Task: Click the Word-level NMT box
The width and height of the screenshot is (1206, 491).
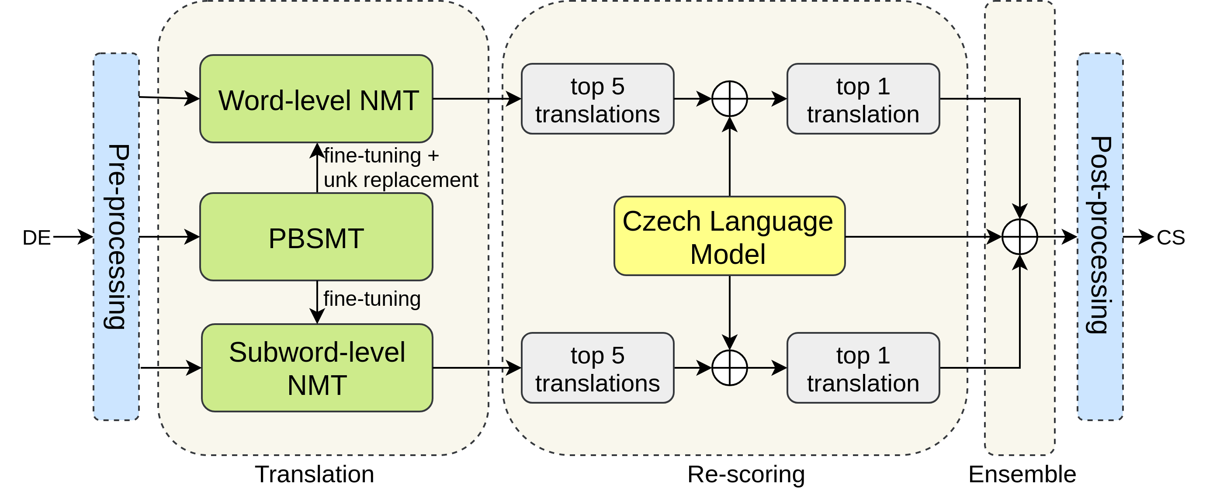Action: [316, 99]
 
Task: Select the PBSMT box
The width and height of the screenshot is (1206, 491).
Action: [316, 237]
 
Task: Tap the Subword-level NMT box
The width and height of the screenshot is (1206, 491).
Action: [317, 368]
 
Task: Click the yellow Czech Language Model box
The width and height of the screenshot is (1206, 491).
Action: [729, 236]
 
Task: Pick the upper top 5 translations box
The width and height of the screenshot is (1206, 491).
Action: [597, 99]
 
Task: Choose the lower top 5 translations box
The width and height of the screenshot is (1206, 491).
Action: [597, 368]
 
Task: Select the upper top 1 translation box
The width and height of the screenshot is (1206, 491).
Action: [863, 99]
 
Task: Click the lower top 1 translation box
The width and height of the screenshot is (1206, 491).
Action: [863, 368]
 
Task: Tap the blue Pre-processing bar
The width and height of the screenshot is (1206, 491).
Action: [116, 237]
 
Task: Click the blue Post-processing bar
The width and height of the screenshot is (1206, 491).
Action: [1100, 237]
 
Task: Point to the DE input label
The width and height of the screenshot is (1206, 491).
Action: [37, 238]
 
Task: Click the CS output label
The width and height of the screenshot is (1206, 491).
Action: [1171, 238]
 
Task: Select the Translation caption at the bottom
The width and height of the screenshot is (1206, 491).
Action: [315, 474]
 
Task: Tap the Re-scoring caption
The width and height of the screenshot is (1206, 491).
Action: [746, 474]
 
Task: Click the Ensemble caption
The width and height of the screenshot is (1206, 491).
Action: [1022, 474]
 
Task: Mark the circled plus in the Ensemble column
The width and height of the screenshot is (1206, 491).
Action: [1020, 237]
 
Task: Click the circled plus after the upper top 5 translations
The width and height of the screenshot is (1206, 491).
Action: [729, 99]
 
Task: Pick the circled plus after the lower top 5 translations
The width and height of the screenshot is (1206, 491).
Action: [729, 368]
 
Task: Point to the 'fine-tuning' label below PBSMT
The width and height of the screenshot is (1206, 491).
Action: [372, 299]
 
